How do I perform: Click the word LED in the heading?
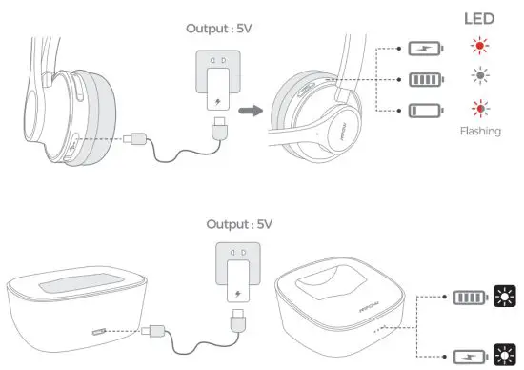point(480,18)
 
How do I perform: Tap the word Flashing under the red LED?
point(479,131)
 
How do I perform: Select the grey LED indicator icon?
point(480,79)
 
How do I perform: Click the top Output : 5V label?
point(218,29)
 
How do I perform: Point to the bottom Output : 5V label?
point(239,225)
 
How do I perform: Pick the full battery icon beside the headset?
point(425,79)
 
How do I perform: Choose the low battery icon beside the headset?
point(425,111)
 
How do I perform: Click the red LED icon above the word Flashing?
point(480,110)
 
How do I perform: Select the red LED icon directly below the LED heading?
point(480,47)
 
